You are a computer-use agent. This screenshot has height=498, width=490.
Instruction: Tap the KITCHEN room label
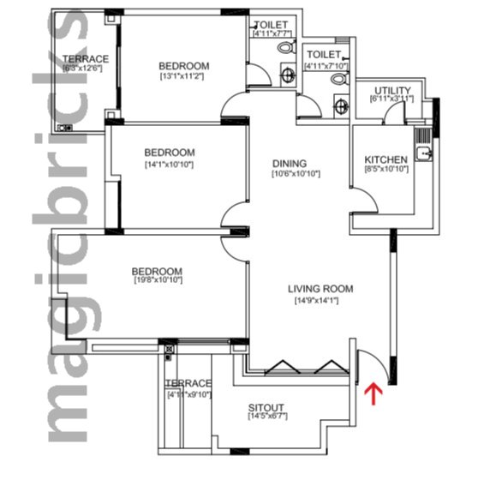(385, 159)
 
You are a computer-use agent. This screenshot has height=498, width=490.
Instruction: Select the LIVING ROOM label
(320, 289)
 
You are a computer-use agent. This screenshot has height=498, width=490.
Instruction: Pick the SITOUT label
(266, 406)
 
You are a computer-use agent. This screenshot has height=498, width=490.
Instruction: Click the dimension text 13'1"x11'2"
(183, 76)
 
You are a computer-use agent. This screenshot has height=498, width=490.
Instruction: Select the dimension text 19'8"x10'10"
(158, 280)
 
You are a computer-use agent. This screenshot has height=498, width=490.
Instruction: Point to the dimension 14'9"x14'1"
(320, 300)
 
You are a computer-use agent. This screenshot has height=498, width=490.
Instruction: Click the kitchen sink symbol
(422, 153)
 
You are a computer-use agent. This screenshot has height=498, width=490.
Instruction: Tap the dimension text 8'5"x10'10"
(386, 170)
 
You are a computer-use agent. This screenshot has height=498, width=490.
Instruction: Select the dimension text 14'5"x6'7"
(266, 417)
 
